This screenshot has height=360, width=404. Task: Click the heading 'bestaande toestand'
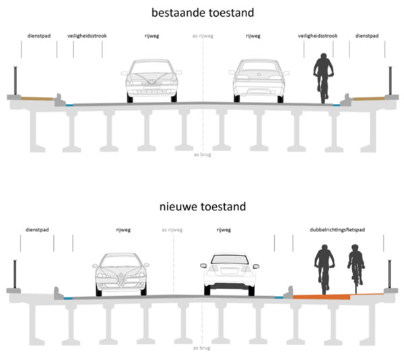pos(202,12)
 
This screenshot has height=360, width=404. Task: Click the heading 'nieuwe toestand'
pos(202,206)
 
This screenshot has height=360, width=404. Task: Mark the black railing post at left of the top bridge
pos(15,81)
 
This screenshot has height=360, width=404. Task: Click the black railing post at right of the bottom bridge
pos(389,273)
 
